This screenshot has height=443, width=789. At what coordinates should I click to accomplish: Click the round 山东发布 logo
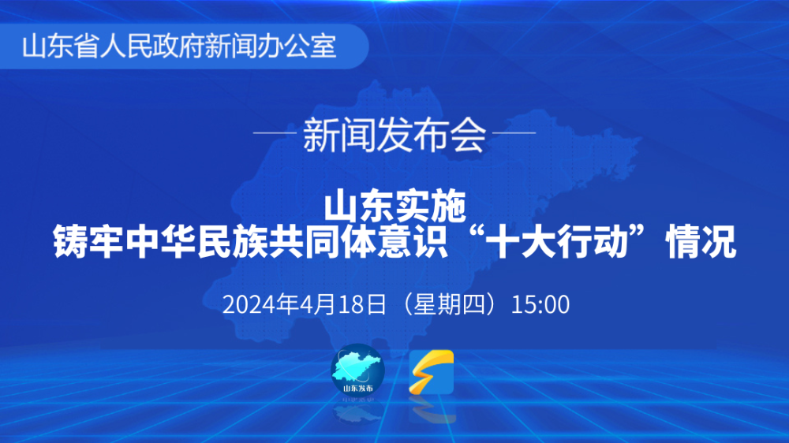point(357,370)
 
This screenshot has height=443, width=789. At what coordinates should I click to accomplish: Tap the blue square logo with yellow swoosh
point(432,372)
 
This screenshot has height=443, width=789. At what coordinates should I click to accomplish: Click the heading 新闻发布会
point(394,135)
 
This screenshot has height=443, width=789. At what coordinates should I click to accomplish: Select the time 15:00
point(540,305)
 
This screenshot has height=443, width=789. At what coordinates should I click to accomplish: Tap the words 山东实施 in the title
point(395,206)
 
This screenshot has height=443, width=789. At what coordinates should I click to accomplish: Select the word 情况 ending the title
point(701,242)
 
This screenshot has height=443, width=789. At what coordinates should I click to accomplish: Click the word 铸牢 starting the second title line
point(88,242)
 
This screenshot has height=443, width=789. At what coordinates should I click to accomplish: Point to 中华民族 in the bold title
point(196,242)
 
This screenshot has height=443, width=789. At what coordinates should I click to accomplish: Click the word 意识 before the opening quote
point(412,242)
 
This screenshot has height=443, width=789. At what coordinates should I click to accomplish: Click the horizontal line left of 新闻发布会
point(275,133)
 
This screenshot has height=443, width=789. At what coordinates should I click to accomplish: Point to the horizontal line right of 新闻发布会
point(514,133)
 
